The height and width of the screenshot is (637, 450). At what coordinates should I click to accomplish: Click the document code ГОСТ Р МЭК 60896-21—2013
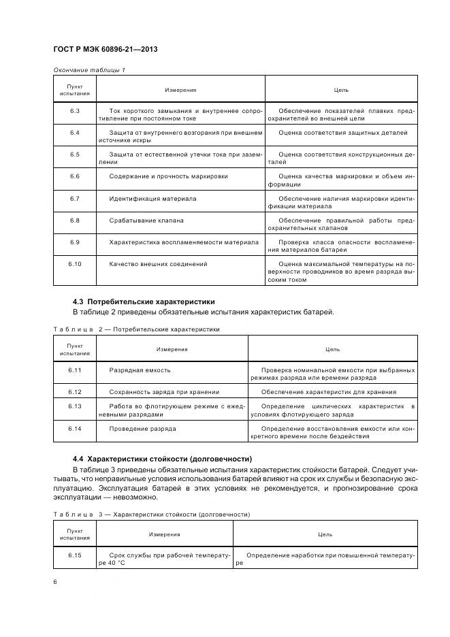point(100,50)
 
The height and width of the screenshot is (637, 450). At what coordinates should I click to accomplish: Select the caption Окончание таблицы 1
point(89,70)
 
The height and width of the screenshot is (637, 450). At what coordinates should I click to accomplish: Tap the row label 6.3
point(75,110)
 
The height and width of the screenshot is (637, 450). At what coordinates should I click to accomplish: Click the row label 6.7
point(75,199)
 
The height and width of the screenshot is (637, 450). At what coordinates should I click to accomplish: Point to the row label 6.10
point(75,263)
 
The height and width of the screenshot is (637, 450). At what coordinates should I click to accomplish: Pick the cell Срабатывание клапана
point(146,220)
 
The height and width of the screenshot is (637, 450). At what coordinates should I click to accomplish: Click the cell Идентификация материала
point(152,199)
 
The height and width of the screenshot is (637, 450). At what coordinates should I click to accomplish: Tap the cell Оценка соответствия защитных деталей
point(343,133)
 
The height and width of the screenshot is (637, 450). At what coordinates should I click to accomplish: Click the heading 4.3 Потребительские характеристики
point(144,301)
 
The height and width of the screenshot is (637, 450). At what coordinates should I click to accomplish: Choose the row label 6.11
point(75,370)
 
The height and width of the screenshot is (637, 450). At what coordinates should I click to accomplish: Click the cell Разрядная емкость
point(140,370)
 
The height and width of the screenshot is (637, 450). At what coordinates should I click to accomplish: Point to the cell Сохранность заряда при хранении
point(164,392)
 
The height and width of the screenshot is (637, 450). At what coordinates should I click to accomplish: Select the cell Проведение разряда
point(142,429)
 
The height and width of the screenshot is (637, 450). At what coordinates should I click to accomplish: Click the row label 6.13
point(75,406)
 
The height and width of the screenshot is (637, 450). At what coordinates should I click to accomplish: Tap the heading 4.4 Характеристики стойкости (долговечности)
point(163,459)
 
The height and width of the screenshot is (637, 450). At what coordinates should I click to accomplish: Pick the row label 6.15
point(75,555)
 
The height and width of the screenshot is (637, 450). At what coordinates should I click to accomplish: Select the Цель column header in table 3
point(325,534)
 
